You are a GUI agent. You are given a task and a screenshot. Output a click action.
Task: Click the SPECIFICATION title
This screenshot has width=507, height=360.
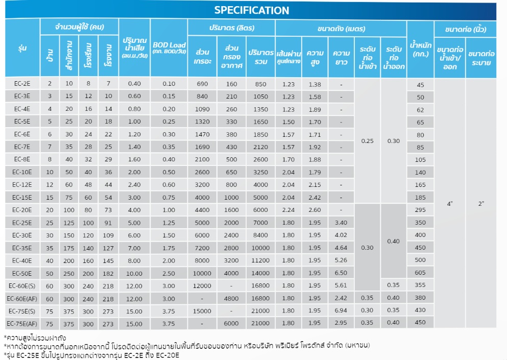pyautogui.click(x=251, y=10)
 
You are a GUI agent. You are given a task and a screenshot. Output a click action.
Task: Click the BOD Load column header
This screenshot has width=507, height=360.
pyautogui.click(x=168, y=48)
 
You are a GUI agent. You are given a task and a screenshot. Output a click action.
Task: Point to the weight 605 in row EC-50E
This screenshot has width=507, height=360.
pyautogui.click(x=420, y=273)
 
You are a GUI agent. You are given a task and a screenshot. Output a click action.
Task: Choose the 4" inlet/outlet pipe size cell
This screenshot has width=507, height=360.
pyautogui.click(x=449, y=203)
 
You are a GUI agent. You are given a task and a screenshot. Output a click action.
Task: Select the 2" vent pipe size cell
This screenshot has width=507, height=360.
pyautogui.click(x=481, y=203)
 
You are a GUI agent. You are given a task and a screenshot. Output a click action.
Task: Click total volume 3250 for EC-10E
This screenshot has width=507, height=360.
pyautogui.click(x=260, y=173)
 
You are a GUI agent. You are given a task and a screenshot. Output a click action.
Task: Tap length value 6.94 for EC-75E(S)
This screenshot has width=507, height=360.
pyautogui.click(x=341, y=310)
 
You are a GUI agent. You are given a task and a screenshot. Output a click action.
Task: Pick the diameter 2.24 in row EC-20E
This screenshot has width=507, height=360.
pyautogui.click(x=288, y=210)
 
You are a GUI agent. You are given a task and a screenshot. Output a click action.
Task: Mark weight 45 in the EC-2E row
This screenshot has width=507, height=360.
pyautogui.click(x=420, y=85)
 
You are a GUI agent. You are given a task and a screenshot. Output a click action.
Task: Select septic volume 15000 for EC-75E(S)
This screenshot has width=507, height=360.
pyautogui.click(x=202, y=310)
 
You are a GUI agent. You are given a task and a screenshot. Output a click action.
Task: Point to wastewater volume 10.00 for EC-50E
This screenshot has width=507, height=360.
pyautogui.click(x=134, y=273)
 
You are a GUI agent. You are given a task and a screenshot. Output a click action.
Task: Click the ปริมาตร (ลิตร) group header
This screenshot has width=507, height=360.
pyautogui.click(x=231, y=28)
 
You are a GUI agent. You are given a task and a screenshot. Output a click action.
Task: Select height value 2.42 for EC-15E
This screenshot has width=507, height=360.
pyautogui.click(x=315, y=197)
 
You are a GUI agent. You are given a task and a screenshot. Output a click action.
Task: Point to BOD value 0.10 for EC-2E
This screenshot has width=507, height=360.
pyautogui.click(x=168, y=84)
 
